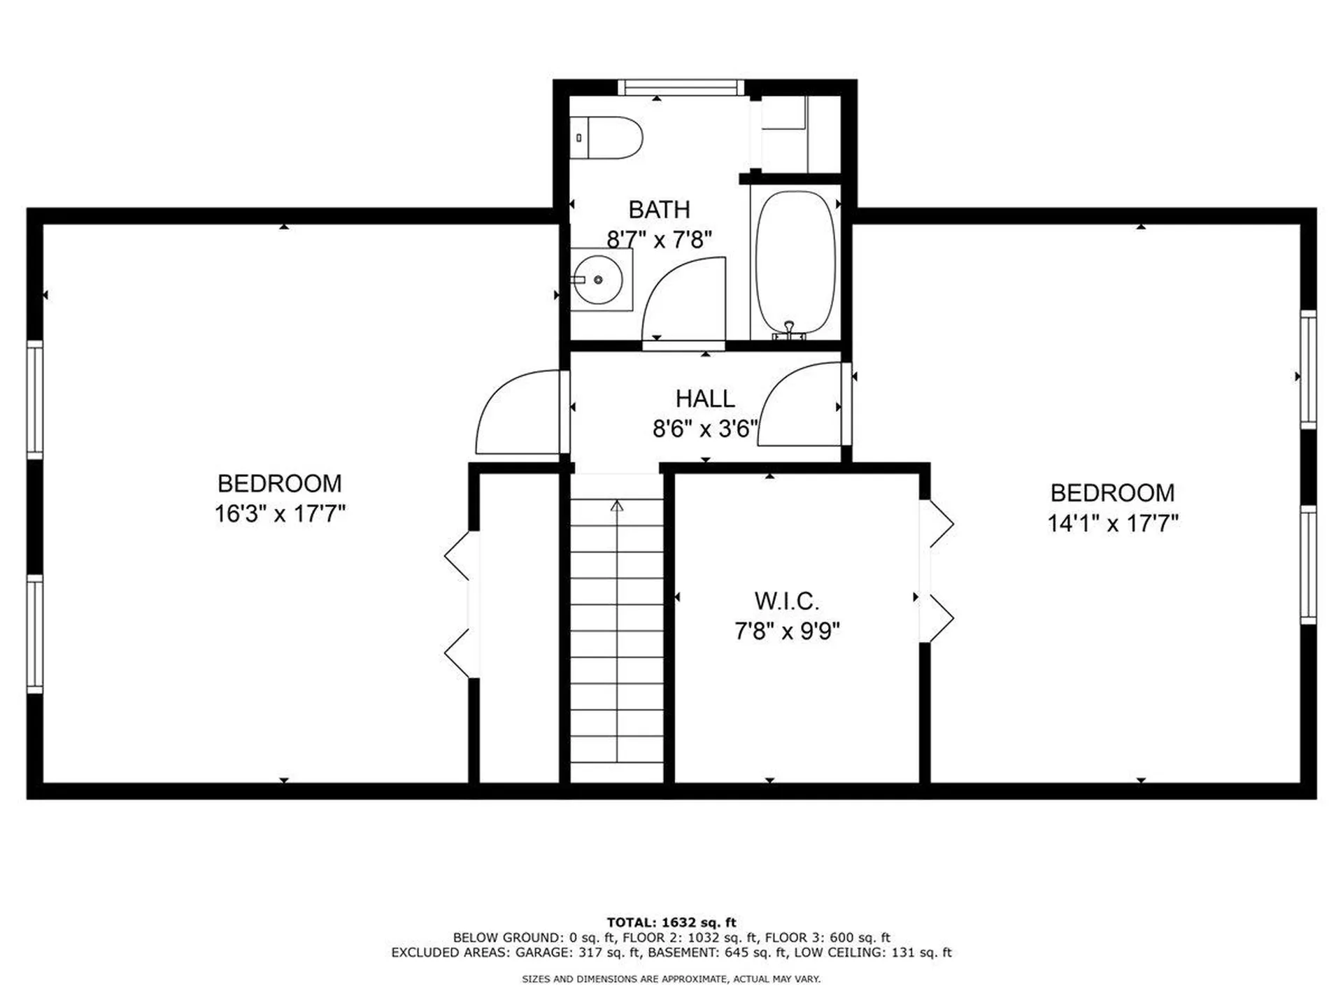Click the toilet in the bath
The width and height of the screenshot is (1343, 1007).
pos(607,138)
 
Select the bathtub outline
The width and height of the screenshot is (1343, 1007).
pos(795,263)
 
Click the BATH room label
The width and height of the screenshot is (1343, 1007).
pos(659,210)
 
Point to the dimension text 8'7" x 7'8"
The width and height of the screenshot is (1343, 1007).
pos(659,240)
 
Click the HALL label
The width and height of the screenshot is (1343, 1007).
pos(704,399)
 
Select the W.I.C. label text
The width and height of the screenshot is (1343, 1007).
pos(786,601)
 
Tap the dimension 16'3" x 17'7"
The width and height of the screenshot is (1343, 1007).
pos(280,514)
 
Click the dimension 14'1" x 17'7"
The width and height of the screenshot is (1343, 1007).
pos(1112,523)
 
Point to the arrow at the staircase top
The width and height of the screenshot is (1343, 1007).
pos(616,506)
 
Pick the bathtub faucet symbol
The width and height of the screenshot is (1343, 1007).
pos(789,329)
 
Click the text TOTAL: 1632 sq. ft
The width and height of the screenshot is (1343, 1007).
pos(671,922)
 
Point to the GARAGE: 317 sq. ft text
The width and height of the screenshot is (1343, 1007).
pos(578,952)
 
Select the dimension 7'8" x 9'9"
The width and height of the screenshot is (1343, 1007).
pos(786,631)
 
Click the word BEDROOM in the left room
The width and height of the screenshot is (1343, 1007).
pos(280,484)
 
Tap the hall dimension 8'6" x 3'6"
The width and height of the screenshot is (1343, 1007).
pos(704,429)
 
